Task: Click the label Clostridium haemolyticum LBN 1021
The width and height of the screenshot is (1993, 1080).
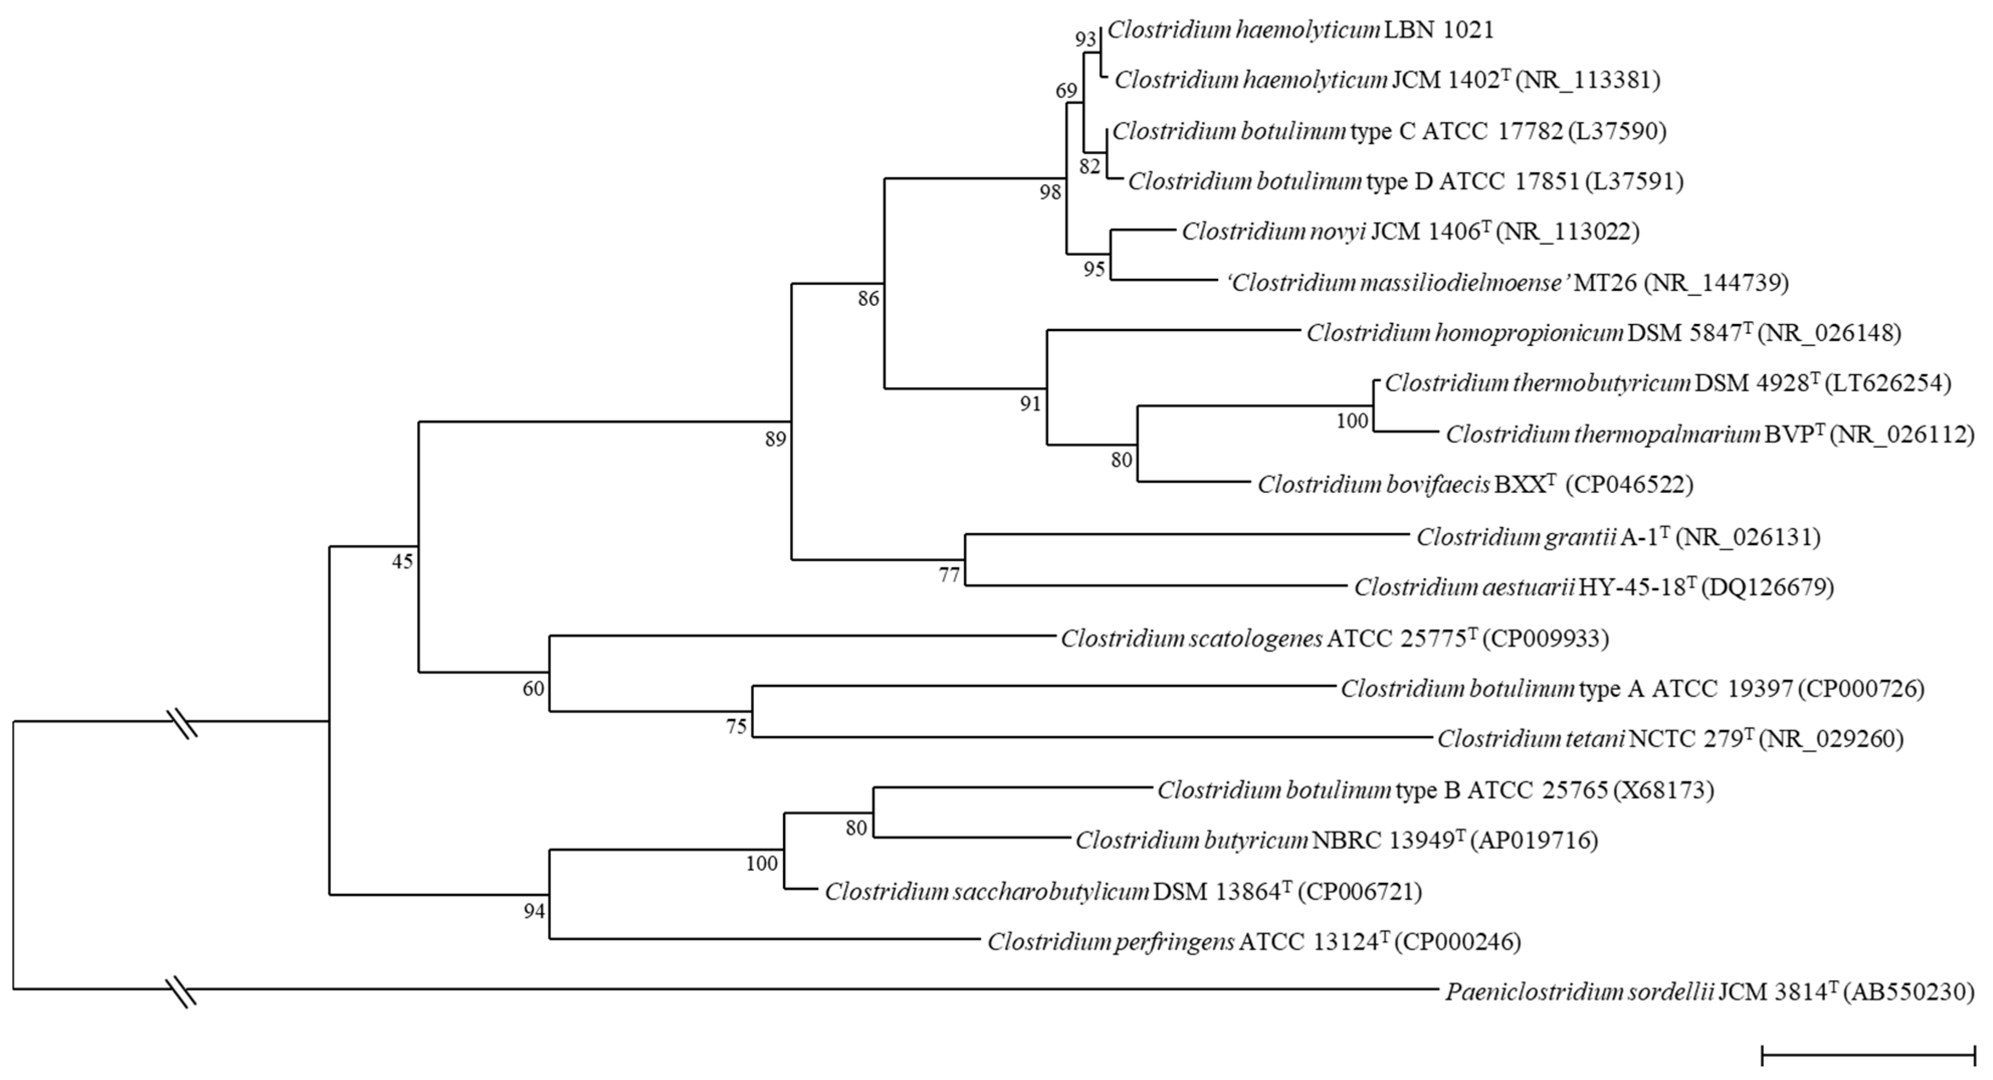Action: click(x=1300, y=30)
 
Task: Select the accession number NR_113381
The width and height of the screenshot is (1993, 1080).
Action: click(x=1587, y=80)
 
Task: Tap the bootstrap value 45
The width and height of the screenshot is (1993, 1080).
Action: click(x=402, y=562)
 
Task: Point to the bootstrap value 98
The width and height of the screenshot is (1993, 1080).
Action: click(x=1050, y=192)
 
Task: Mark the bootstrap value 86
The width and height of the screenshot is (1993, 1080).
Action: click(x=868, y=298)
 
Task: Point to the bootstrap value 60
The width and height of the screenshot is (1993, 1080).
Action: click(x=533, y=689)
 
